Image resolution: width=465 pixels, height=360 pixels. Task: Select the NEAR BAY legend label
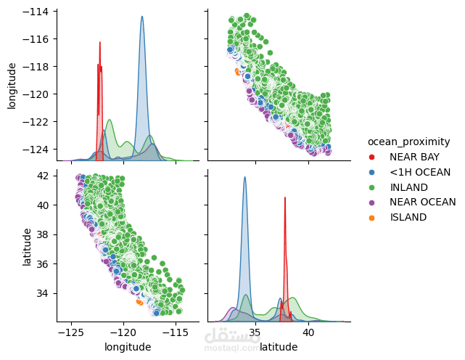[x=413, y=157]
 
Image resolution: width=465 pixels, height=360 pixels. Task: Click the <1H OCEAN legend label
[x=420, y=172]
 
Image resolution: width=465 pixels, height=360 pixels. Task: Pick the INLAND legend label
[x=409, y=187]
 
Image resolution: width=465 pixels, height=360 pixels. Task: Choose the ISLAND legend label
[x=408, y=217]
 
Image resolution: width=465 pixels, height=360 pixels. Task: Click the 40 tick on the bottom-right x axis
[x=308, y=333]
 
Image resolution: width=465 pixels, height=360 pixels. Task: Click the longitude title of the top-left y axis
[x=12, y=84]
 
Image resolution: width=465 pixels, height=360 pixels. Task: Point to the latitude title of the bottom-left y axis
[x=26, y=247]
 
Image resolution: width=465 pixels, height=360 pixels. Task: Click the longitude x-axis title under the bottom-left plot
[x=128, y=347]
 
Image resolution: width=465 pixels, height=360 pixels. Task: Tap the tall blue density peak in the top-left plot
[x=142, y=17]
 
